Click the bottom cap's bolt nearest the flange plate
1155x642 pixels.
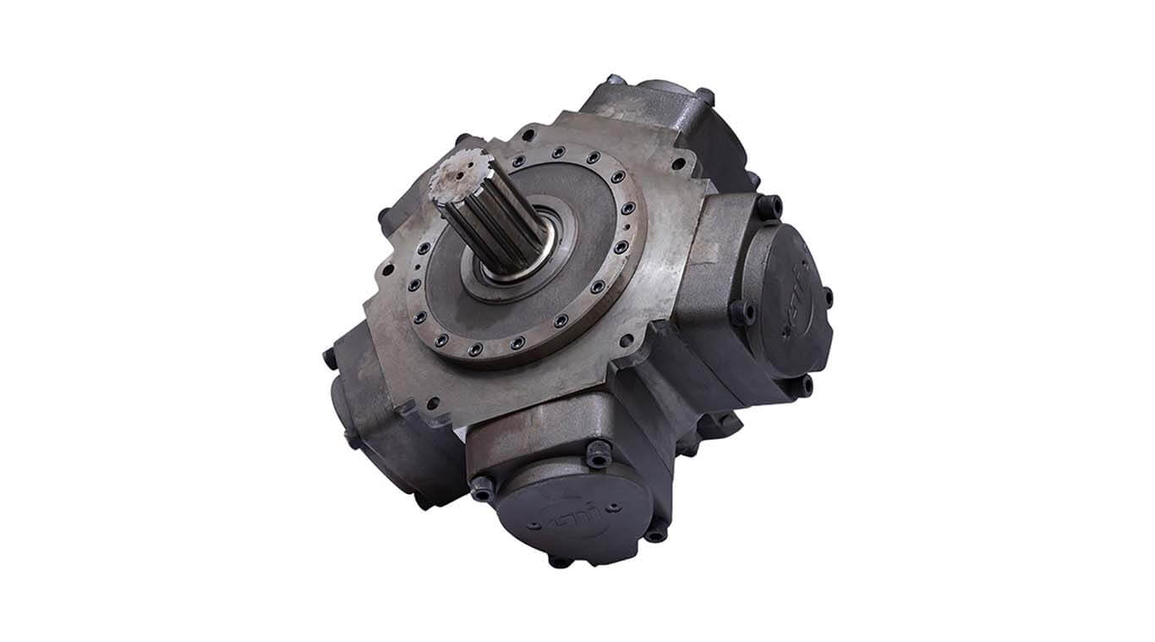[x=598, y=458]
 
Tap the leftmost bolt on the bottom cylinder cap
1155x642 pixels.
[x=483, y=487]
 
